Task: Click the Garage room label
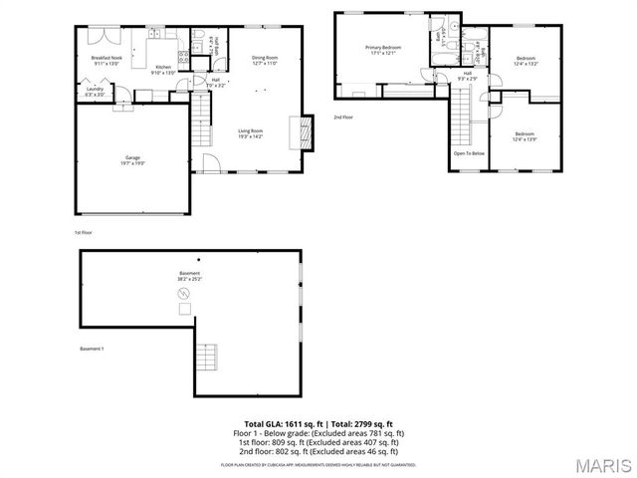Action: tap(132, 159)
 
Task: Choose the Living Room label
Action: tap(250, 133)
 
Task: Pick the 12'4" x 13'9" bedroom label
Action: tap(525, 136)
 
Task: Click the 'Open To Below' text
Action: tap(469, 153)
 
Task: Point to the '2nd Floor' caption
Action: tap(343, 118)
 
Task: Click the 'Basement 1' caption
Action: tap(92, 349)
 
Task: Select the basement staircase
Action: tap(206, 355)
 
